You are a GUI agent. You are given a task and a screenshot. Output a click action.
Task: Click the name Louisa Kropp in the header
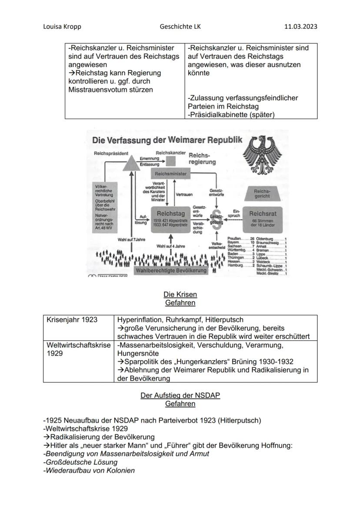tap(62, 27)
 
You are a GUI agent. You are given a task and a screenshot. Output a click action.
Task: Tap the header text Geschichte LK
tap(180, 27)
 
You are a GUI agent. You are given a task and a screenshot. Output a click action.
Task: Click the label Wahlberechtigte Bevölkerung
tap(171, 270)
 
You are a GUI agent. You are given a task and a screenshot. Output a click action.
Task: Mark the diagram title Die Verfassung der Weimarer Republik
tap(167, 140)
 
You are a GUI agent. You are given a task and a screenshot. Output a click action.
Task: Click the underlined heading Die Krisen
tap(180, 294)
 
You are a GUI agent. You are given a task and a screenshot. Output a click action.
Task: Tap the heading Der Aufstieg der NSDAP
tap(180, 396)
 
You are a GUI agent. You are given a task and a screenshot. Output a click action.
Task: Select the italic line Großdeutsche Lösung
tap(74, 462)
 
